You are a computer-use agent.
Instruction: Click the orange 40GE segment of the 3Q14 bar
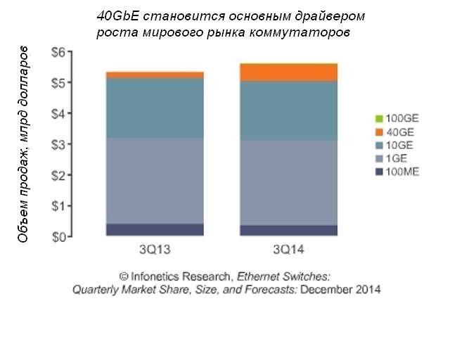point(286,72)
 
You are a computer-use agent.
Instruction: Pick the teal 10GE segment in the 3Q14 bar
point(286,110)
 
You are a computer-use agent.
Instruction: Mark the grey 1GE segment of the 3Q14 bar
point(286,182)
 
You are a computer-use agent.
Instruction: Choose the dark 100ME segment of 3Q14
point(286,231)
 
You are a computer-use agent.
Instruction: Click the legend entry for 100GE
point(398,118)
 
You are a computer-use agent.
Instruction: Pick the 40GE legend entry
point(395,131)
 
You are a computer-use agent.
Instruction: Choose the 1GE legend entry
point(393,158)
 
